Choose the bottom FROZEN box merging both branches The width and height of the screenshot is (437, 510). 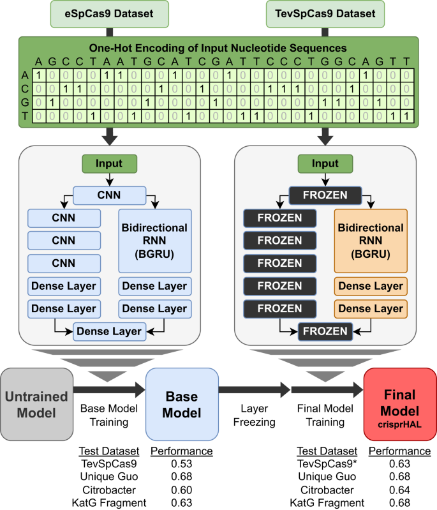[x=325, y=331]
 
